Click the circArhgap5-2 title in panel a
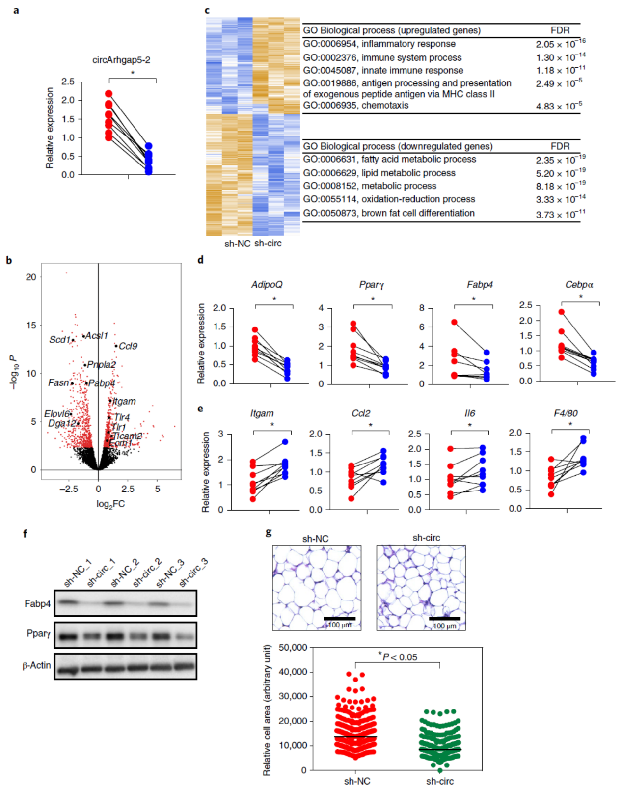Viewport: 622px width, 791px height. (121, 60)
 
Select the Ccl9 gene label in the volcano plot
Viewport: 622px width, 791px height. (128, 346)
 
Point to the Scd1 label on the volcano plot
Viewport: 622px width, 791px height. (59, 340)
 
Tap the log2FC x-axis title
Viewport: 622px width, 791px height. (110, 504)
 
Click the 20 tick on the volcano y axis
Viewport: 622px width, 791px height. (31, 277)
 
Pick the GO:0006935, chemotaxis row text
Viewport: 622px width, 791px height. (355, 106)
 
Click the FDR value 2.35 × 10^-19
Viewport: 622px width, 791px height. (560, 160)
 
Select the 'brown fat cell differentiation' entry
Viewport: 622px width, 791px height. (418, 213)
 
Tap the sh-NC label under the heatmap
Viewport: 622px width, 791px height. (237, 244)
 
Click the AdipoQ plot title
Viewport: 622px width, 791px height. (267, 285)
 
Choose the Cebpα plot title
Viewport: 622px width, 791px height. (579, 285)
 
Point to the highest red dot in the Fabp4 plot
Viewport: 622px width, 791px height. (455, 322)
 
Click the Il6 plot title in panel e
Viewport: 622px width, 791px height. (470, 413)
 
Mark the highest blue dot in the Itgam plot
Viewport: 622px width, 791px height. (285, 442)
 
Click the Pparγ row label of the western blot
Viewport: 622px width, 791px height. (39, 634)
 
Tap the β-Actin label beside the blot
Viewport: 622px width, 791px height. (37, 666)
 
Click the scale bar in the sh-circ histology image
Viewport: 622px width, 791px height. (444, 619)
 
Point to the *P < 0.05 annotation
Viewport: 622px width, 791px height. (398, 657)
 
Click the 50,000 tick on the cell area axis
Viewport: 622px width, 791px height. (293, 648)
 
